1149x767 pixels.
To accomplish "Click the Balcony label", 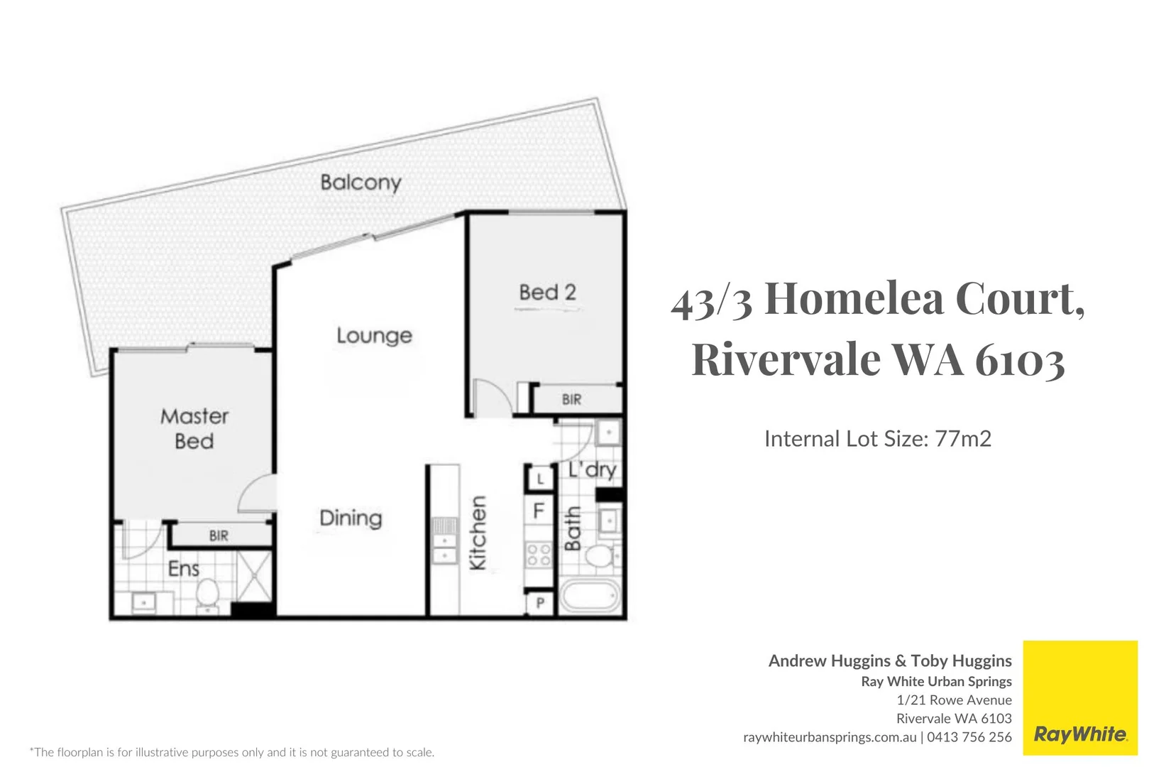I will pyautogui.click(x=361, y=183).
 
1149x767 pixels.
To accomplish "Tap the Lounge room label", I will pyautogui.click(x=374, y=335).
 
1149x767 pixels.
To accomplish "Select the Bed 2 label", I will pyautogui.click(x=547, y=292).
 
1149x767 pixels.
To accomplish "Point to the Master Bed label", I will pyautogui.click(x=194, y=428).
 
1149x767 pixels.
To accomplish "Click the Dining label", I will pyautogui.click(x=351, y=518).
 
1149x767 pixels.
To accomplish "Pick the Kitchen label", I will pyautogui.click(x=478, y=533).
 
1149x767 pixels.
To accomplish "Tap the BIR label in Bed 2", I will pyautogui.click(x=571, y=400).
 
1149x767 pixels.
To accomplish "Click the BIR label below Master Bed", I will pyautogui.click(x=219, y=535).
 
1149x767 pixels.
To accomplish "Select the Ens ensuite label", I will pyautogui.click(x=183, y=569).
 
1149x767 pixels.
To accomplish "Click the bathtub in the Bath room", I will pyautogui.click(x=590, y=597).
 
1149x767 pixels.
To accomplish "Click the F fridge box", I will pyautogui.click(x=539, y=511).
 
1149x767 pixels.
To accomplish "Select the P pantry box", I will pyautogui.click(x=540, y=604).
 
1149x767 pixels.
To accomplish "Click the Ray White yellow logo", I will pyautogui.click(x=1079, y=697).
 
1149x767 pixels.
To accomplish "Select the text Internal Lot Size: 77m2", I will pyautogui.click(x=877, y=439).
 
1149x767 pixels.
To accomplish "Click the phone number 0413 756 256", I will pyautogui.click(x=969, y=737).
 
